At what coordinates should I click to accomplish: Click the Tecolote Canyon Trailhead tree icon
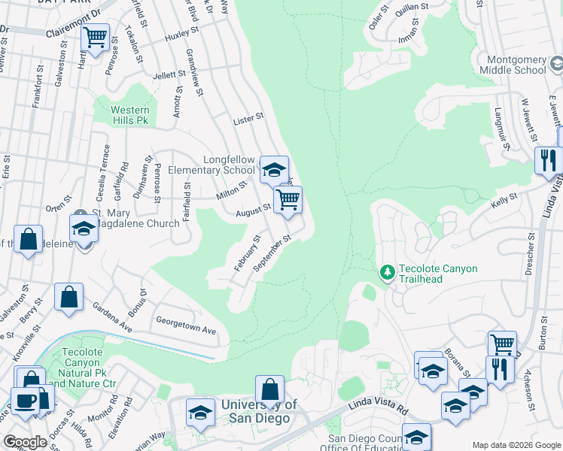pos(387,271)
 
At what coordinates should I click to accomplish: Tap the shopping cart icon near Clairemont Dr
pos(96,37)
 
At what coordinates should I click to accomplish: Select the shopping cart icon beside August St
pos(288,200)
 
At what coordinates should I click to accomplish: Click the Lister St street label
pos(248,117)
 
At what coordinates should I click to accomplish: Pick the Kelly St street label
pos(504,198)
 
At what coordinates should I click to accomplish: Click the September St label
pos(272,253)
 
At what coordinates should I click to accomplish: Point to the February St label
pos(246,253)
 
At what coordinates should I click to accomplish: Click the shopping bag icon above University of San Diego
pos(269,389)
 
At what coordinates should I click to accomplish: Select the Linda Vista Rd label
pos(376,408)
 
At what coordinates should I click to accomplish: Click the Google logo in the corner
pos(25,442)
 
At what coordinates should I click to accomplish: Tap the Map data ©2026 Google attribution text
pos(516,445)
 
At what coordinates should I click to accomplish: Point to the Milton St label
pos(232,189)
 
